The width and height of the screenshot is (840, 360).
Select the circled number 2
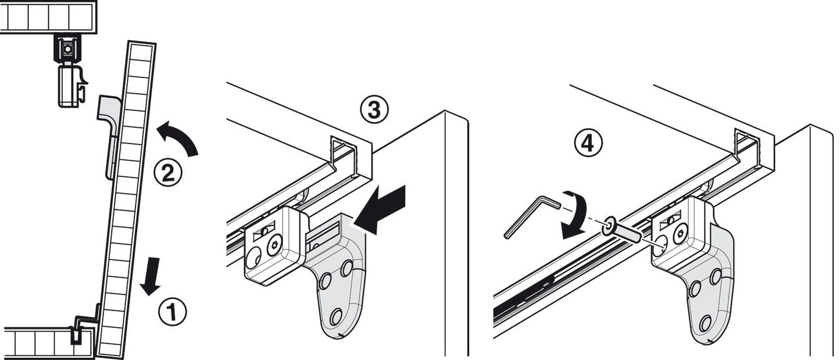(x=167, y=173)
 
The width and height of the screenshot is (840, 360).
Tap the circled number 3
(x=373, y=110)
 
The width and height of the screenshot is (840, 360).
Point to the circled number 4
(x=588, y=142)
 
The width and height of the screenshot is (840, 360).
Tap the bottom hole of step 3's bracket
(x=336, y=317)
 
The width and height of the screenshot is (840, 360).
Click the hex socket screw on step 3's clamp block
(x=274, y=246)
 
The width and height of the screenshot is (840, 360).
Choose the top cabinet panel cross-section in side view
(x=48, y=17)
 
